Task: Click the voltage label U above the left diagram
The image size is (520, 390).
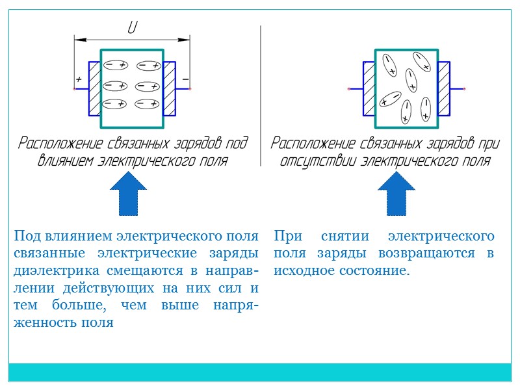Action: (x=132, y=29)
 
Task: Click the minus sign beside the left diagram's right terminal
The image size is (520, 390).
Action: (x=185, y=79)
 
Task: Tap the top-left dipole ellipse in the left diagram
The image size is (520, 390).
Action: (x=116, y=65)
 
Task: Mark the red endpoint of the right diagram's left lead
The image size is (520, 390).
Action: (x=349, y=88)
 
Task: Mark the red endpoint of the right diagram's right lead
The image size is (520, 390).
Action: (x=464, y=88)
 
